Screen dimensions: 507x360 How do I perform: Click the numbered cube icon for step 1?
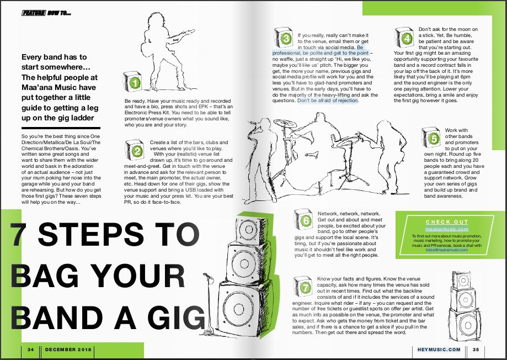[133, 82]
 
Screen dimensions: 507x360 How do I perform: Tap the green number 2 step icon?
[135, 150]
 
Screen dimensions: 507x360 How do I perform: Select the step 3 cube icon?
[284, 38]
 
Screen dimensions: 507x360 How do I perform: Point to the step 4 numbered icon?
[404, 38]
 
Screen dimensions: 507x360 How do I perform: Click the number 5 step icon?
[431, 137]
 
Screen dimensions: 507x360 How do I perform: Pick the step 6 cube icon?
[303, 219]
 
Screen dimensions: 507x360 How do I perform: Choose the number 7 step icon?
[303, 287]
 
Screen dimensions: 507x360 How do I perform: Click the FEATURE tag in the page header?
[34, 13]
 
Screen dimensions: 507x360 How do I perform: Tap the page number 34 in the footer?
[31, 350]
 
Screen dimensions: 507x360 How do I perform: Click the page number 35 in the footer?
[476, 350]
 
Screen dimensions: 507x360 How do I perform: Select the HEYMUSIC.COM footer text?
[439, 350]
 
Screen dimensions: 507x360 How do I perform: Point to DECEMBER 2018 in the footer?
[68, 350]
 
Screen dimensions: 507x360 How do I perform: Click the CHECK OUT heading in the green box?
[447, 222]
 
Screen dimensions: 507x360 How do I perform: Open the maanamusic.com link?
[447, 229]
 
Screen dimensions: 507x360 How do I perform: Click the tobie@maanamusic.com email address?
[446, 250]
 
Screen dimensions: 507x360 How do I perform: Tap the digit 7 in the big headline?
[19, 234]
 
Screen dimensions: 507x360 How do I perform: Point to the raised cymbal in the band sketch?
[285, 123]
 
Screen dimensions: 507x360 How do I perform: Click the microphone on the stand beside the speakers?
[207, 276]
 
